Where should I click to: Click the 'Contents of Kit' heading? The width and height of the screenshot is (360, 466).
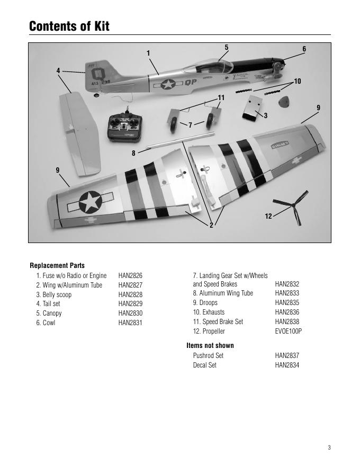(69, 26)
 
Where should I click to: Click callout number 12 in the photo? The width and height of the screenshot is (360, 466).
(268, 216)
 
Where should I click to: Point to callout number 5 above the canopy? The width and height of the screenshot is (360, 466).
(226, 47)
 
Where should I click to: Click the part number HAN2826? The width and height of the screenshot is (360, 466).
(130, 275)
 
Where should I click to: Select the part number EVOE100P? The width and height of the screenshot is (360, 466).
(289, 331)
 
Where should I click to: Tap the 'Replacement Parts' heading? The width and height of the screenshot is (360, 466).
(57, 265)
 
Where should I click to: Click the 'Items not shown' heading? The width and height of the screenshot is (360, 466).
(210, 345)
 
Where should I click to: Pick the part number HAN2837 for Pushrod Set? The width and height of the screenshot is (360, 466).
(287, 355)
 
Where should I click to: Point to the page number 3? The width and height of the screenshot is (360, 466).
(329, 447)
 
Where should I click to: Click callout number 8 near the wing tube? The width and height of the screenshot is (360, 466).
(134, 153)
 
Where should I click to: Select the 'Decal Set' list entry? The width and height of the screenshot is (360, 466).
(205, 365)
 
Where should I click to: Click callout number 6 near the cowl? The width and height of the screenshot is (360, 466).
(304, 49)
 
